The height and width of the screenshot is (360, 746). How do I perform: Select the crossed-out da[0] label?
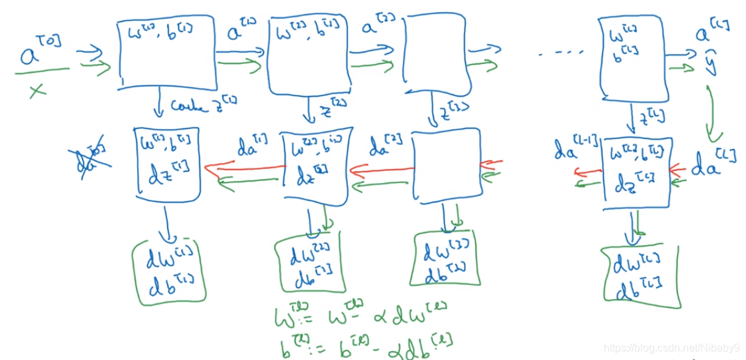coord(89,156)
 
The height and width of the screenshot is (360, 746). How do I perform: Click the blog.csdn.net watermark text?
coord(672,348)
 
